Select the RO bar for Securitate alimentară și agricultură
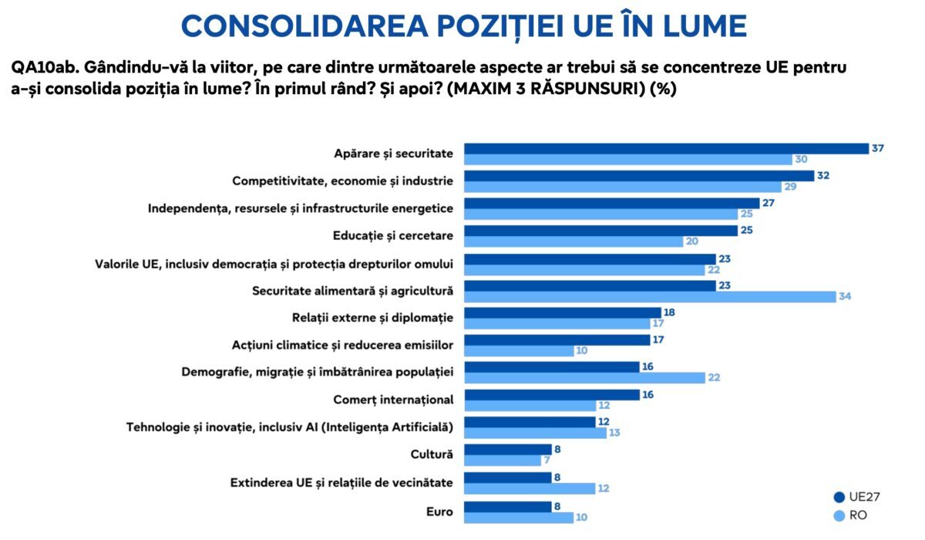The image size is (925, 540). [649, 297]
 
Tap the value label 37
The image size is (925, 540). [877, 148]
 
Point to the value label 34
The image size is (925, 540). [845, 297]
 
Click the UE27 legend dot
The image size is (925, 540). [839, 498]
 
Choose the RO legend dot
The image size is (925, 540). [839, 515]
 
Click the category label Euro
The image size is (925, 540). [439, 511]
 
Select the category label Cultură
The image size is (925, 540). [436, 455]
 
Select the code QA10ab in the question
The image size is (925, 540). [38, 67]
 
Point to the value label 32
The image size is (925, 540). [824, 176]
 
